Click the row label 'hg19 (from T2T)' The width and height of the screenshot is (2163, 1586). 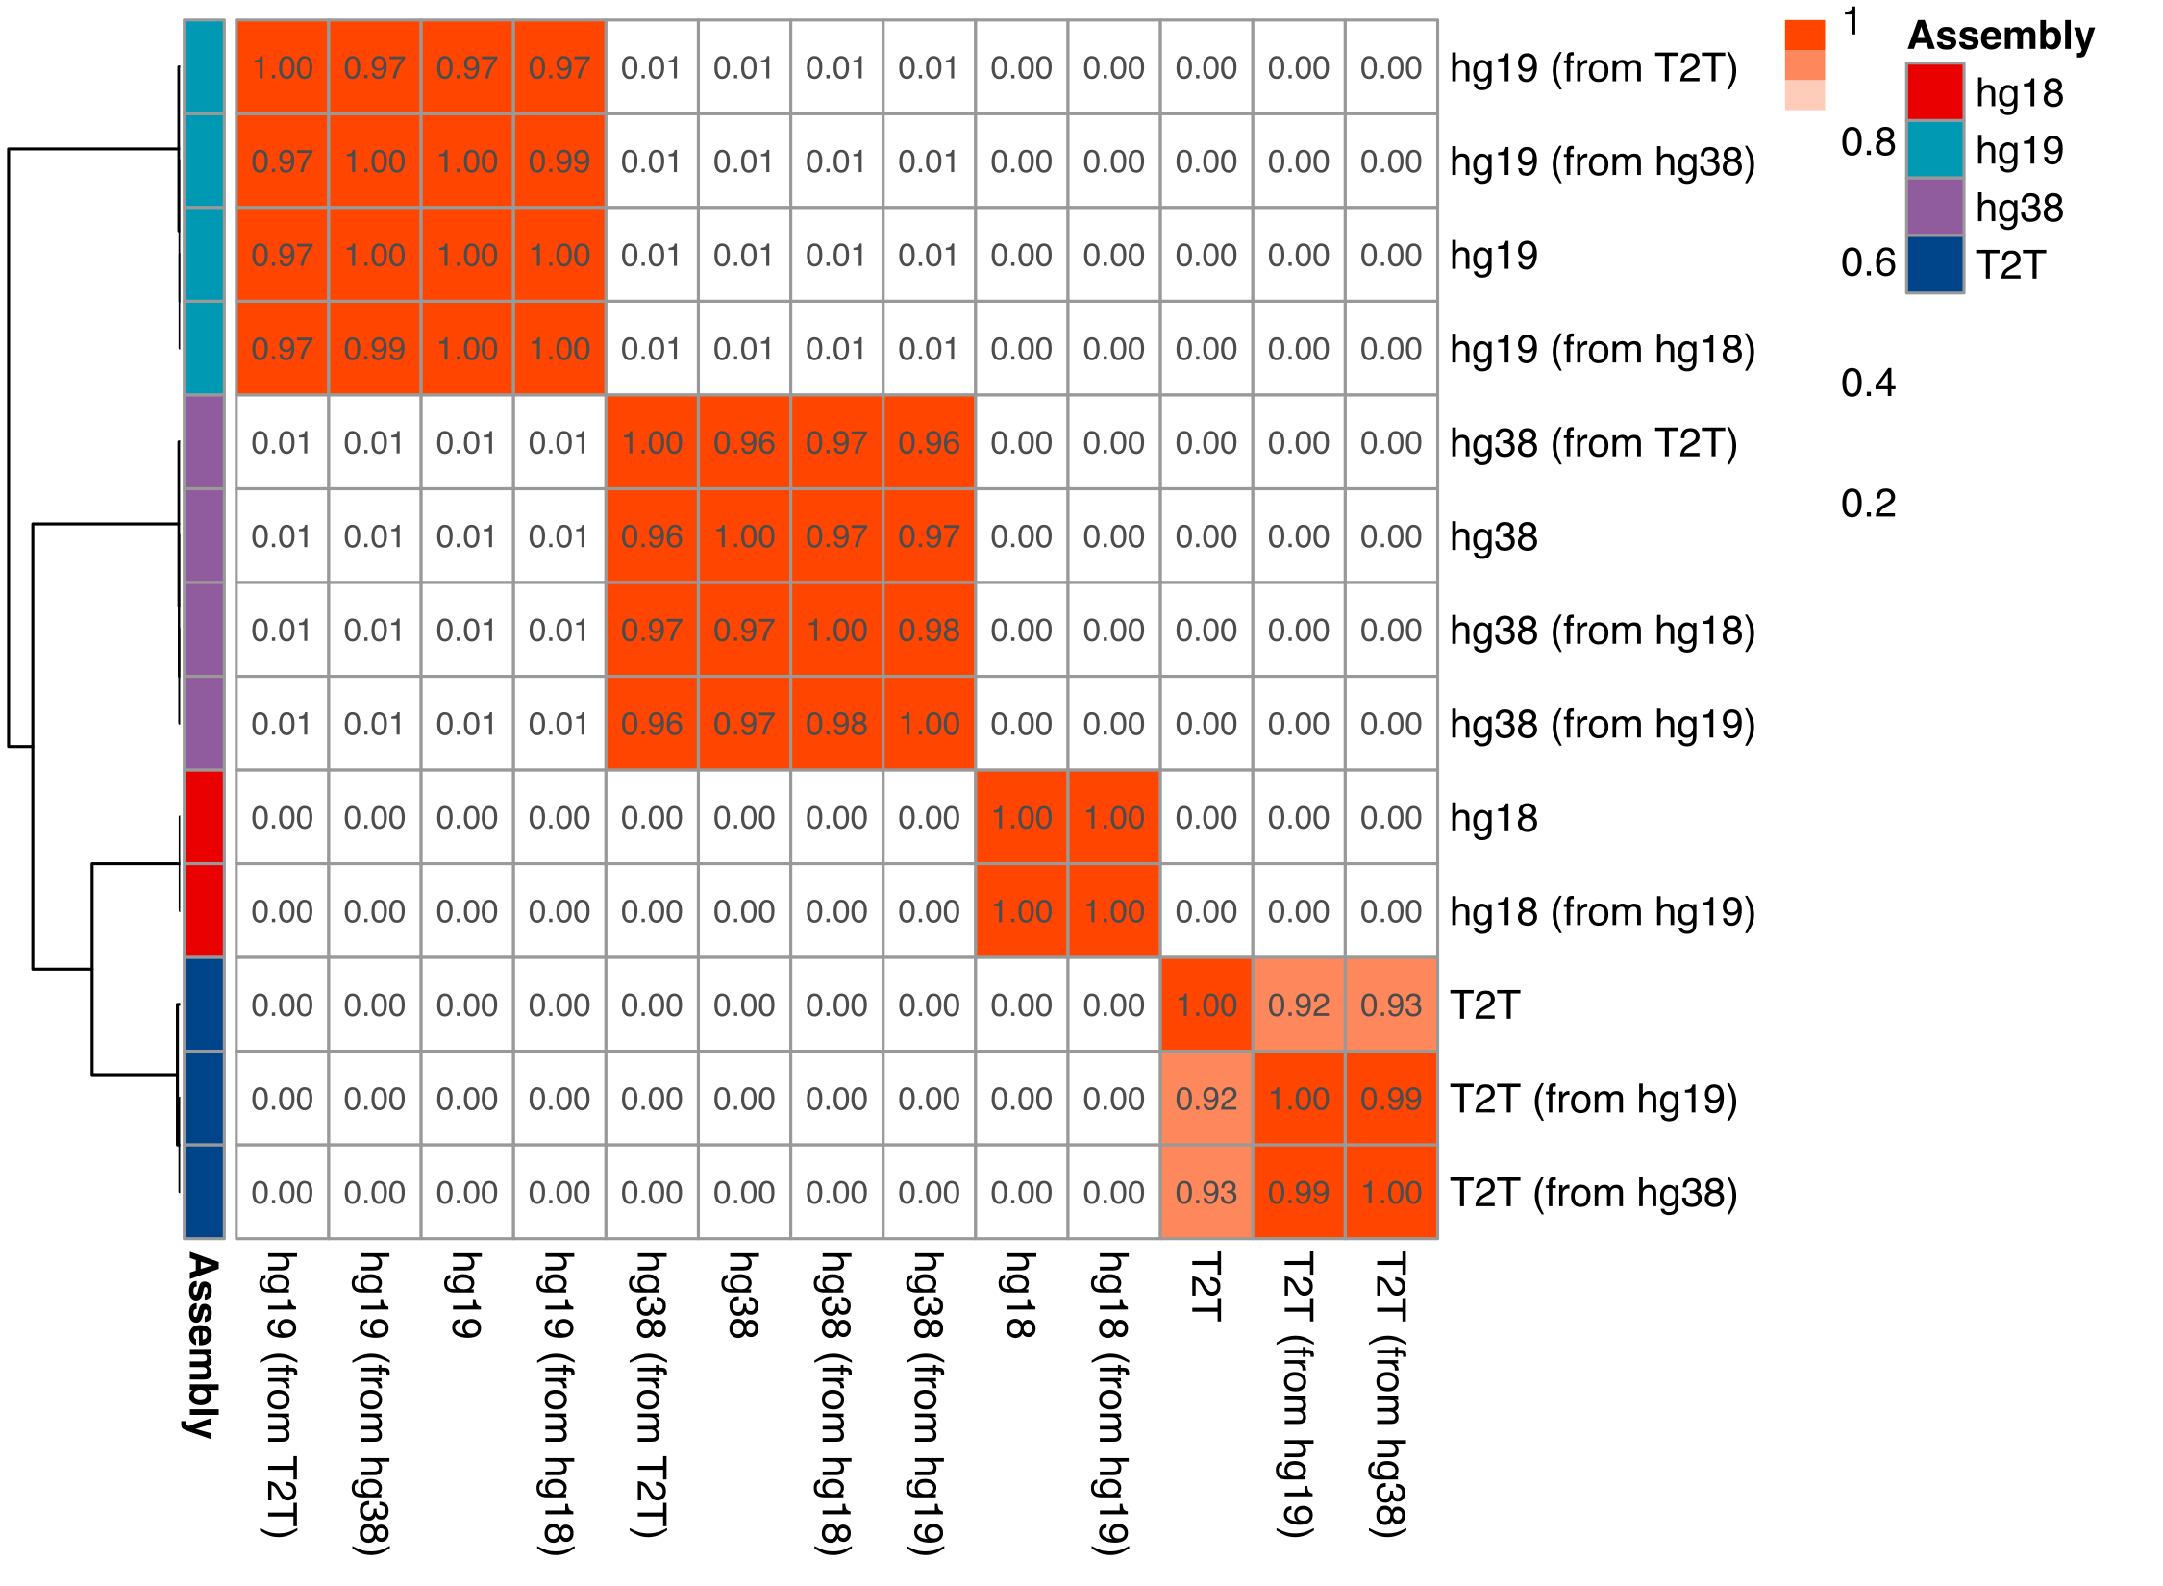(1593, 68)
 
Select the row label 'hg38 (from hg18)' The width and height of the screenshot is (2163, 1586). (1602, 631)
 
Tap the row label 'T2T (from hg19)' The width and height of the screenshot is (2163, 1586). (1593, 1099)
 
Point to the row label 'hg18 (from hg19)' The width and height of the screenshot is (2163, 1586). (1602, 911)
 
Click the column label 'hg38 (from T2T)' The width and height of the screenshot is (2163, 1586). (651, 1394)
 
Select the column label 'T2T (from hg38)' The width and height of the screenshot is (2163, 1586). (1390, 1394)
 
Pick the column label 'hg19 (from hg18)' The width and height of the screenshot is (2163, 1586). (559, 1402)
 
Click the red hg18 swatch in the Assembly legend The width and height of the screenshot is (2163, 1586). (1934, 92)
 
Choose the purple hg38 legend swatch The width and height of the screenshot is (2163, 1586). (1934, 207)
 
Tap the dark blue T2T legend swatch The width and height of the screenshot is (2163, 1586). (1934, 264)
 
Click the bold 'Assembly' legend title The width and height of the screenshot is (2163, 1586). (2001, 36)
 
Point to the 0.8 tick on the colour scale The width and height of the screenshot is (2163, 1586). (1868, 142)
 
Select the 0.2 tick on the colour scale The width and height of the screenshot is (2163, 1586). (1868, 503)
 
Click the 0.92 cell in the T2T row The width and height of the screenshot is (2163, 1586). (1299, 1004)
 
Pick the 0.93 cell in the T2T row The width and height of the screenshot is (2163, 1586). (1391, 1004)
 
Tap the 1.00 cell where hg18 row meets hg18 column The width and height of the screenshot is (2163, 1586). (1021, 817)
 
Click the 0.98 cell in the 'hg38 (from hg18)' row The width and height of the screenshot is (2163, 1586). (929, 631)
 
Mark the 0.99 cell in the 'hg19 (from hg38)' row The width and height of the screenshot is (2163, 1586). (559, 161)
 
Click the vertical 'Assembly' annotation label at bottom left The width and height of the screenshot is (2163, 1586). (203, 1345)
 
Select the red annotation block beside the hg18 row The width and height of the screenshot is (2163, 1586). (204, 817)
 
